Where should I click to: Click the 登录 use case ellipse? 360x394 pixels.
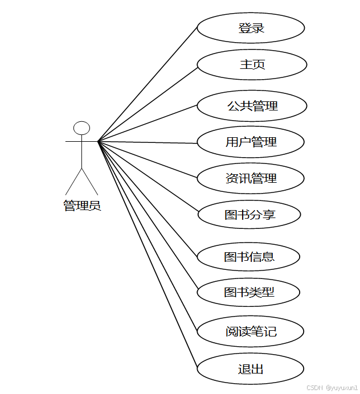[251, 28]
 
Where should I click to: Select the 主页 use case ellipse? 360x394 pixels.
[252, 64]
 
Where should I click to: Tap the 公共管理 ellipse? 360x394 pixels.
[252, 106]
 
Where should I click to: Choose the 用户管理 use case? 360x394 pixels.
[251, 142]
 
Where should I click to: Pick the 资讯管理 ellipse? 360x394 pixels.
[251, 178]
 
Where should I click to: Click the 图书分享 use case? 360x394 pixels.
[249, 215]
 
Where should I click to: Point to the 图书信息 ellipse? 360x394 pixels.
[248, 257]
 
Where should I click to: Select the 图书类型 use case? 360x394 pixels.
[248, 293]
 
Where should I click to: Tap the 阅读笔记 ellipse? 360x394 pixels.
[251, 331]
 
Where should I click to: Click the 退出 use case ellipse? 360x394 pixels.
[250, 369]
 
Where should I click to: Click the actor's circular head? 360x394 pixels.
[82, 128]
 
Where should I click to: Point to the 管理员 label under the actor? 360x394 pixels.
[82, 206]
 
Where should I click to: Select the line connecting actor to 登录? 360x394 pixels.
[148, 84]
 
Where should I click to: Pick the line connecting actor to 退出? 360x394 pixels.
[148, 255]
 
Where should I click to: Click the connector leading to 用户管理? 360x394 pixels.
[148, 142]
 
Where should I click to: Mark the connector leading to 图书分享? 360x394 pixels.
[148, 177]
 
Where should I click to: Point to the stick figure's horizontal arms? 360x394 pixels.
[74, 141]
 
